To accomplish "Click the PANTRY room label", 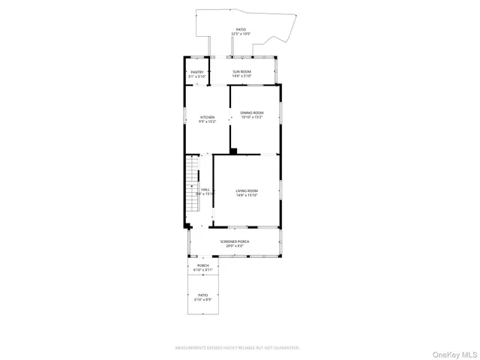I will [196, 72].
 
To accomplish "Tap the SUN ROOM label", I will [241, 72].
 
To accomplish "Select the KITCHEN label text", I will [207, 117].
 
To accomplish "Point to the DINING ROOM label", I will [252, 112].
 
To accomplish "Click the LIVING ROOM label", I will [247, 190].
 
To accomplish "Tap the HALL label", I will [205, 190].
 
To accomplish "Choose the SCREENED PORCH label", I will [235, 241].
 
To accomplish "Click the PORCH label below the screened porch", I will [203, 265].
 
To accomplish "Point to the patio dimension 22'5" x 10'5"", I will [241, 34].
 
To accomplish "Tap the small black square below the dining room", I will [234, 151].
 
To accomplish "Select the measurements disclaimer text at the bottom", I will [237, 348].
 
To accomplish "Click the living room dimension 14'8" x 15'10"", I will [247, 195].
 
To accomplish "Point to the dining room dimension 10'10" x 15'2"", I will [252, 117].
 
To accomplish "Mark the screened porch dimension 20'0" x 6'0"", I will [235, 245].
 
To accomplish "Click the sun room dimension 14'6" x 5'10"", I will [241, 76].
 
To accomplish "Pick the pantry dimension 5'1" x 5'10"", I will [196, 76].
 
